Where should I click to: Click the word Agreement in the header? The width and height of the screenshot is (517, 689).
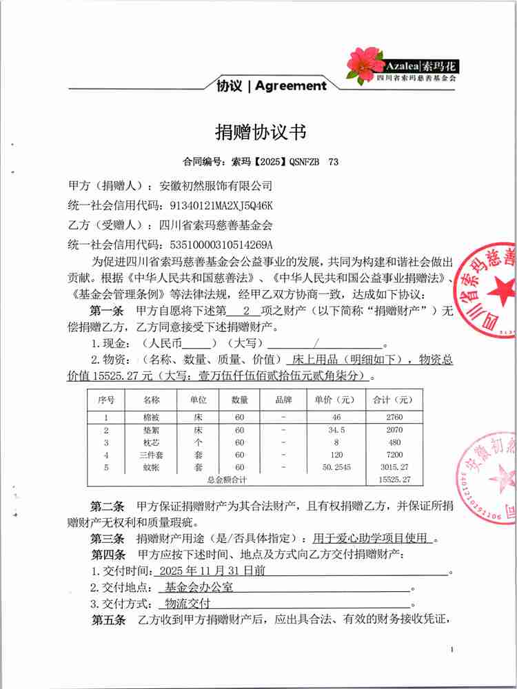click(291, 86)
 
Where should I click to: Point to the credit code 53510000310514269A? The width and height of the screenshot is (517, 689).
click(216, 244)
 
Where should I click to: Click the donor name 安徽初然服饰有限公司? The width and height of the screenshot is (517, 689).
click(216, 186)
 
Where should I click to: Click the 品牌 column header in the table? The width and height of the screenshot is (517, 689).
click(283, 400)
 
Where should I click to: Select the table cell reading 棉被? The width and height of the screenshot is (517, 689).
click(151, 418)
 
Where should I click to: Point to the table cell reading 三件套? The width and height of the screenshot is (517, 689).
click(151, 455)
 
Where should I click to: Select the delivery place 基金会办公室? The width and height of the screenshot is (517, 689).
click(199, 588)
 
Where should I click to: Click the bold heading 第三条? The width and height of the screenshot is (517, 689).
click(108, 538)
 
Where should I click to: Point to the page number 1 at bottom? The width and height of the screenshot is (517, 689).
click(452, 650)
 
